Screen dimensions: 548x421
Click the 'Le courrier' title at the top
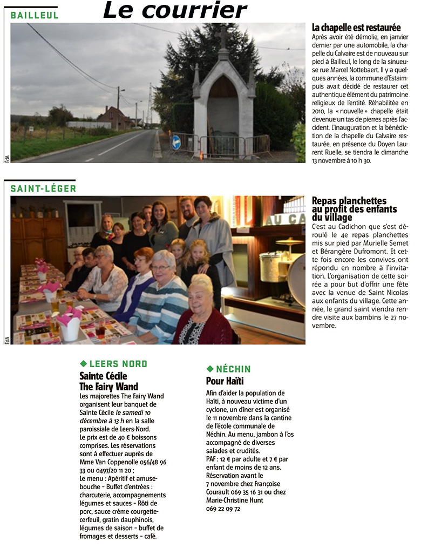[174, 10]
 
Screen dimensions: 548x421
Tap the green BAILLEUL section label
[35, 16]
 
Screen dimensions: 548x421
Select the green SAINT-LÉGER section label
[43, 188]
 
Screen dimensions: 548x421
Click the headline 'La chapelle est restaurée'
[356, 28]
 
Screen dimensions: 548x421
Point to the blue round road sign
[176, 142]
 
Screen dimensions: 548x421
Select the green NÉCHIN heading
[233, 369]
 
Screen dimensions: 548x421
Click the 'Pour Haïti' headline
[225, 381]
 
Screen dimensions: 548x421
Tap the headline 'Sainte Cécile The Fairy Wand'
[108, 381]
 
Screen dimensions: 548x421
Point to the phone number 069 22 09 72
[223, 508]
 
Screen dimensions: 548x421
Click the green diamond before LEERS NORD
[83, 364]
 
